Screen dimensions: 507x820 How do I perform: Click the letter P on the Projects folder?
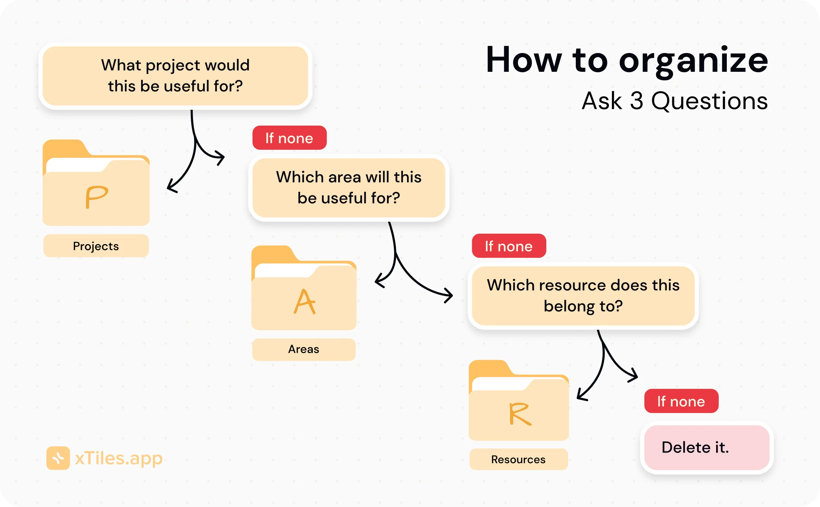[97, 197]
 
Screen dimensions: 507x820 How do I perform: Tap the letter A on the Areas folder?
[305, 302]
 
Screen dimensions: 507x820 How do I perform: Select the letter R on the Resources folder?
[520, 414]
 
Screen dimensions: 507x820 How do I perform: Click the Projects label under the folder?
[96, 246]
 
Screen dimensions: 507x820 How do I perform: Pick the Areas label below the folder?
[304, 349]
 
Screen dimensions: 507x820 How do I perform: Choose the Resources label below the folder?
[518, 460]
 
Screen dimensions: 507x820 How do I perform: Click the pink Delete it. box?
[707, 448]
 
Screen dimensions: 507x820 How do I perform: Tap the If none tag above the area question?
[289, 138]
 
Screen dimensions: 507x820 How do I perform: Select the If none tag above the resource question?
[509, 246]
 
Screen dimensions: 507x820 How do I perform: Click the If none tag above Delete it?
[681, 401]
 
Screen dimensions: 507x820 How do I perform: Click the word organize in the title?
[693, 61]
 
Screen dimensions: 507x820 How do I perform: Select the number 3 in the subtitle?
[637, 101]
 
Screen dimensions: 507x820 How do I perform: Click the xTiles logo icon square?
[58, 458]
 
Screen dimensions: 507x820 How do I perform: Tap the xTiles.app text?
[119, 458]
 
